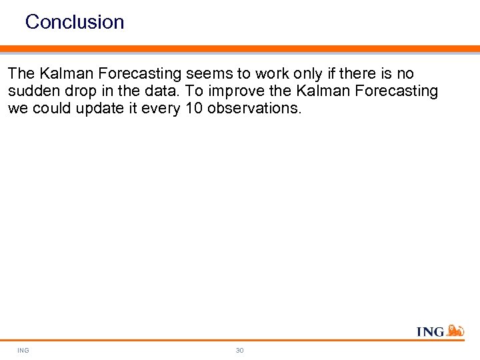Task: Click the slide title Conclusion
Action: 75,22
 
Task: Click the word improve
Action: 226,91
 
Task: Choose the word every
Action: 157,109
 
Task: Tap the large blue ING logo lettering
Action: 430,331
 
